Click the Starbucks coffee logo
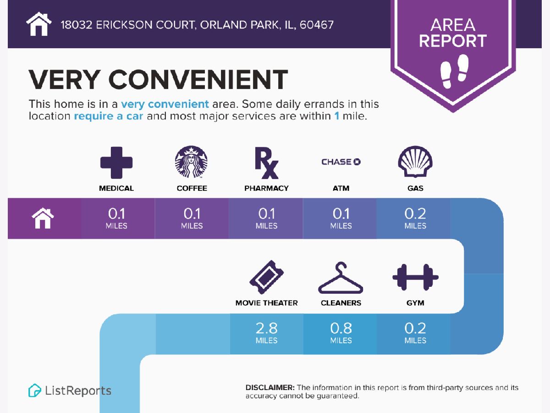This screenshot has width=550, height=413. pos(191,162)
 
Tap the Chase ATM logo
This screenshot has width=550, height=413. pos(341,162)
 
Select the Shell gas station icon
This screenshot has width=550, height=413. pos(415,162)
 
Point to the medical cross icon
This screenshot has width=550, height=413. pos(116,163)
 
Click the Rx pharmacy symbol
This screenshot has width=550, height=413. pos(266,163)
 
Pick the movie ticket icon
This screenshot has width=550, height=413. pos(267,277)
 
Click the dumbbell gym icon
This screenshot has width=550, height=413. pos(415,277)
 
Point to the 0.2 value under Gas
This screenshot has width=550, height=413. pos(415,214)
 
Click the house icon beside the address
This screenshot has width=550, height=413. pos(39,24)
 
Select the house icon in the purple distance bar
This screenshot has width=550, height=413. pos(43,218)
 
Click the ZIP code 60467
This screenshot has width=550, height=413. pos(317,25)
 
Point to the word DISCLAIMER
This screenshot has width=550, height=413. pos(270,387)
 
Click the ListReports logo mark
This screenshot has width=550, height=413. pos(34,391)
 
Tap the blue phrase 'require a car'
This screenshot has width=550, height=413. pos(109,116)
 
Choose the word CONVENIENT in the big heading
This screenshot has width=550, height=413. pos(198,79)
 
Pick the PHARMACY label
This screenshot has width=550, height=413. pos(266,188)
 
